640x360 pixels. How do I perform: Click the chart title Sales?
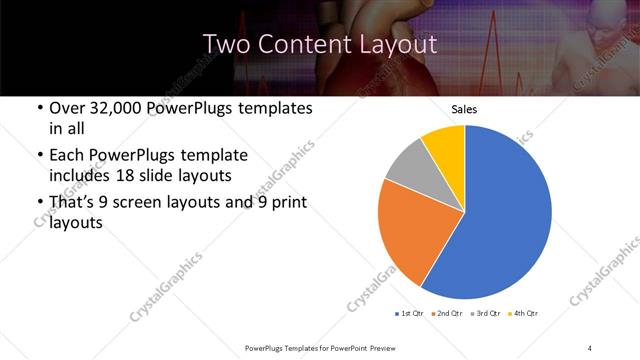(465, 108)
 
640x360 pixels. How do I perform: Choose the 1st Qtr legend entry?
(409, 314)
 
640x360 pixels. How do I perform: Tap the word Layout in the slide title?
(398, 44)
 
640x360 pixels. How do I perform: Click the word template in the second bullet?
(211, 155)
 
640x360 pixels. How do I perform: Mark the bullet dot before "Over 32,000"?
(39, 109)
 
